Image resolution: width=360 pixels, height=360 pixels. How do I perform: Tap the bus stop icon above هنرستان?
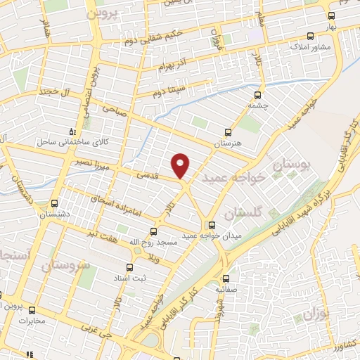(x=227, y=131)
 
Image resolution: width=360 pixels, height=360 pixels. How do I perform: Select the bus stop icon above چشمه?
(x=258, y=95)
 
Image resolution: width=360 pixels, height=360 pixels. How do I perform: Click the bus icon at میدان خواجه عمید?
(x=212, y=225)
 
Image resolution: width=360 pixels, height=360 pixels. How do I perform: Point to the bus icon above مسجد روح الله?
(x=153, y=231)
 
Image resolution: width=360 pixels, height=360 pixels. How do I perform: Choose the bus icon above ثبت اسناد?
(x=129, y=267)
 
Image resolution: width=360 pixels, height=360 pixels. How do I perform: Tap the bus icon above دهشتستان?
(x=54, y=204)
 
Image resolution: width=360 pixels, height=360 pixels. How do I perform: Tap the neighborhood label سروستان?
(x=66, y=266)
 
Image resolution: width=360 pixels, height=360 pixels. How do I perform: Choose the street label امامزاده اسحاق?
(x=117, y=205)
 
